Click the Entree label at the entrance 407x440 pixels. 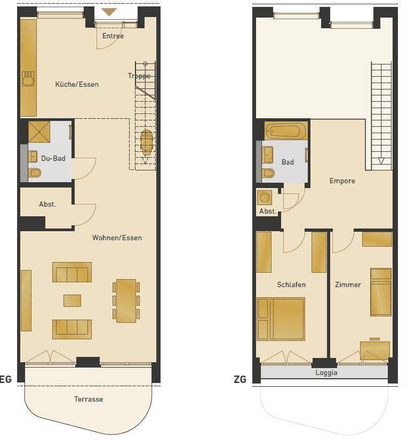(x=113, y=36)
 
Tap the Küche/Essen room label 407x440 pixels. (x=77, y=84)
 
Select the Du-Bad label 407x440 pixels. (x=53, y=158)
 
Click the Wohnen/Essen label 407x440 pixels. (x=117, y=238)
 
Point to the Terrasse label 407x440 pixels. (x=89, y=399)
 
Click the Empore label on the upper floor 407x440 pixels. (x=342, y=181)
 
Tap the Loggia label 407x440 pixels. (x=326, y=373)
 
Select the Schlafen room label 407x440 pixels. (x=291, y=284)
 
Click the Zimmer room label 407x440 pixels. (x=348, y=284)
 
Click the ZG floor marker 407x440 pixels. (x=240, y=379)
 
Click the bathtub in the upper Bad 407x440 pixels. (x=286, y=131)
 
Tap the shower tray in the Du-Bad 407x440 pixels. (x=39, y=132)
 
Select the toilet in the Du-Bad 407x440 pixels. (x=35, y=173)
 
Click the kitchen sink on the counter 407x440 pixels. (x=28, y=79)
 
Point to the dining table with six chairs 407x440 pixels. (x=126, y=301)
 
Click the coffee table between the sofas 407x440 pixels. (x=72, y=300)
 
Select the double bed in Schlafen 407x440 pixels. (x=281, y=319)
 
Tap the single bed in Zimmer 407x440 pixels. (x=381, y=292)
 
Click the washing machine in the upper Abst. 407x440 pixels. (x=265, y=198)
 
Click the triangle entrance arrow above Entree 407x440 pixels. (x=109, y=12)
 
